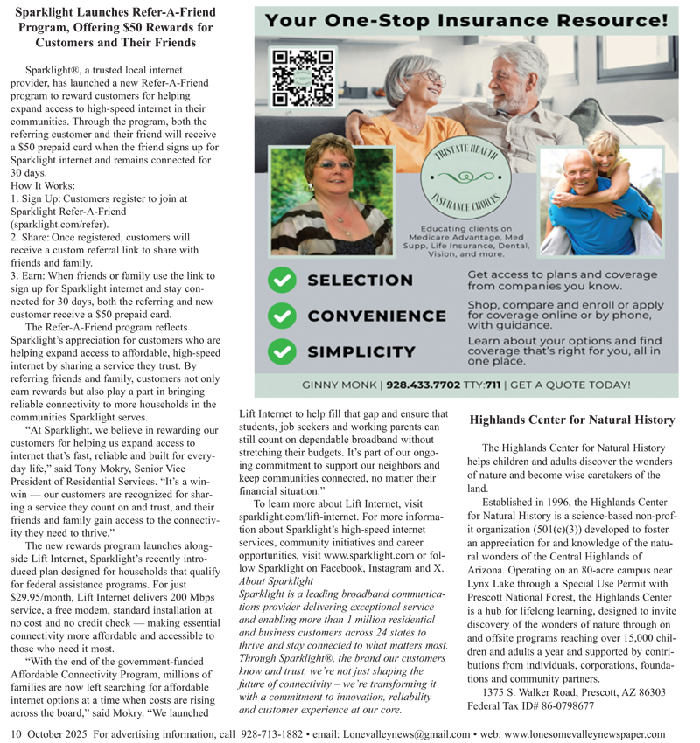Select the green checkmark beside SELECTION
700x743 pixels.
[280, 281]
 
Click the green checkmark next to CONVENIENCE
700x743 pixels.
[280, 316]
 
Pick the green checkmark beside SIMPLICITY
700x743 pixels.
[280, 351]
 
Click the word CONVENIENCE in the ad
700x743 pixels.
[376, 316]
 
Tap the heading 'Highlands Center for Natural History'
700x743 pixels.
[572, 420]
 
